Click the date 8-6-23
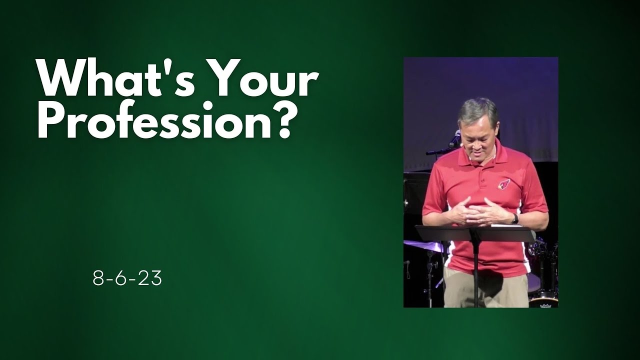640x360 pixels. point(127,279)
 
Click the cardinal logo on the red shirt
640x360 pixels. point(504,183)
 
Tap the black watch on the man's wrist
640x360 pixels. point(514,218)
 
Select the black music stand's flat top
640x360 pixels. point(475,233)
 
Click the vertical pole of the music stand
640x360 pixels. point(475,275)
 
